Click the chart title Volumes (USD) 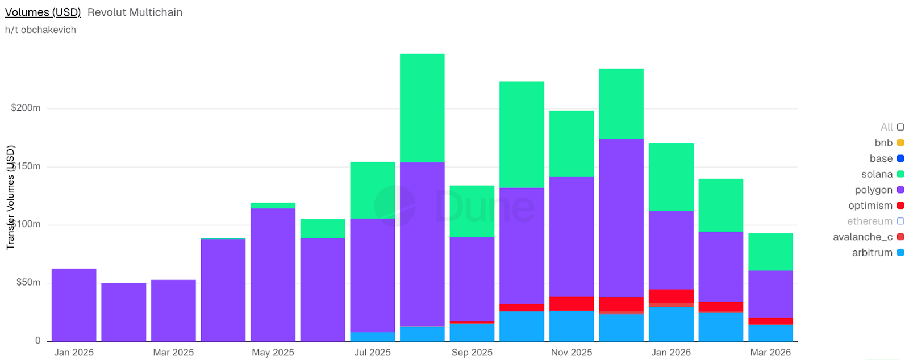pos(43,12)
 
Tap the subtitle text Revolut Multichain pos(135,12)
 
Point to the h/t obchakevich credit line pos(40,30)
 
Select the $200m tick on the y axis pos(26,108)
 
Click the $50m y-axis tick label pos(28,282)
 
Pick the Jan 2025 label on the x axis pos(74,352)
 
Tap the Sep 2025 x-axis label pos(472,352)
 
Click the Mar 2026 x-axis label pos(770,352)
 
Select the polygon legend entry pos(873,190)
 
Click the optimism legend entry pos(870,206)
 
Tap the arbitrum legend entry pos(872,253)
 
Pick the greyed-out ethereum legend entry pos(869,221)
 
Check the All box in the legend pos(900,127)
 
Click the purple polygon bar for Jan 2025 pos(74,304)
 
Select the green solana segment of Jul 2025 pos(372,190)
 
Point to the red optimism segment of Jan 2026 pos(671,296)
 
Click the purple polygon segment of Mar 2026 pos(770,294)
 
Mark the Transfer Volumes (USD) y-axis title pos(10,198)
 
